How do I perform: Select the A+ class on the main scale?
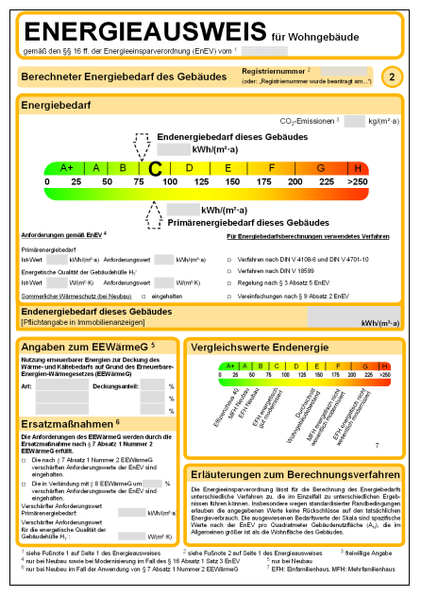click(66, 167)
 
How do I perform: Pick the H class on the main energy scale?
click(359, 167)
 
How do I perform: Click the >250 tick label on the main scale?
click(358, 180)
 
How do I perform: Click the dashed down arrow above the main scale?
click(143, 145)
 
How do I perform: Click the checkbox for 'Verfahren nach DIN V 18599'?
click(229, 270)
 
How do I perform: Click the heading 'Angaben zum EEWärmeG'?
click(83, 346)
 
